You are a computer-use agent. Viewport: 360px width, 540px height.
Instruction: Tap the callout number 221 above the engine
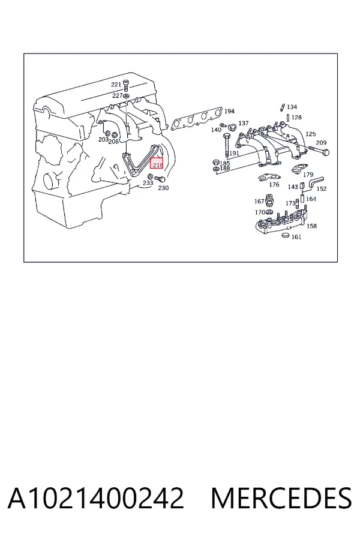116,85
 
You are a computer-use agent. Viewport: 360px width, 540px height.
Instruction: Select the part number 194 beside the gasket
229,111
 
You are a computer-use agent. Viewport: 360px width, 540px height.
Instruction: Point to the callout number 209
321,143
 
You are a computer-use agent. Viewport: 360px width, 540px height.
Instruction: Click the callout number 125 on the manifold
310,134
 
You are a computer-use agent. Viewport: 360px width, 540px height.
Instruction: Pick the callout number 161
296,236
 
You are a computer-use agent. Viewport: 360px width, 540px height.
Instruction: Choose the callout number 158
311,226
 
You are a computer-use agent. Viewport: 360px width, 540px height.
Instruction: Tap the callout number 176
274,185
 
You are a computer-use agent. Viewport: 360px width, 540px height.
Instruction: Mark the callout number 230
163,188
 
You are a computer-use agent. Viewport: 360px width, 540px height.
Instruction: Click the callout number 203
103,139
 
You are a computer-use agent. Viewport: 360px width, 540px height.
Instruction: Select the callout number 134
292,107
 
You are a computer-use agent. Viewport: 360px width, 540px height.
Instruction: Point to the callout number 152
321,189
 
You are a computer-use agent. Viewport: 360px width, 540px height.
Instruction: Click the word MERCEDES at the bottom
281,498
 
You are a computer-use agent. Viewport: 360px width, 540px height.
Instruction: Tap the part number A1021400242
96,498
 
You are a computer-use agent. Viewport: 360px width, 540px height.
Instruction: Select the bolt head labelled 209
325,152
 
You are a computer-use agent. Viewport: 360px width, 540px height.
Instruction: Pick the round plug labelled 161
286,236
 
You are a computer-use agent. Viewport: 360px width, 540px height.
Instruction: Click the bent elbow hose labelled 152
314,182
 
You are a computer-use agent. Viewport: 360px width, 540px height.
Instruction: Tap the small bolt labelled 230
160,179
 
